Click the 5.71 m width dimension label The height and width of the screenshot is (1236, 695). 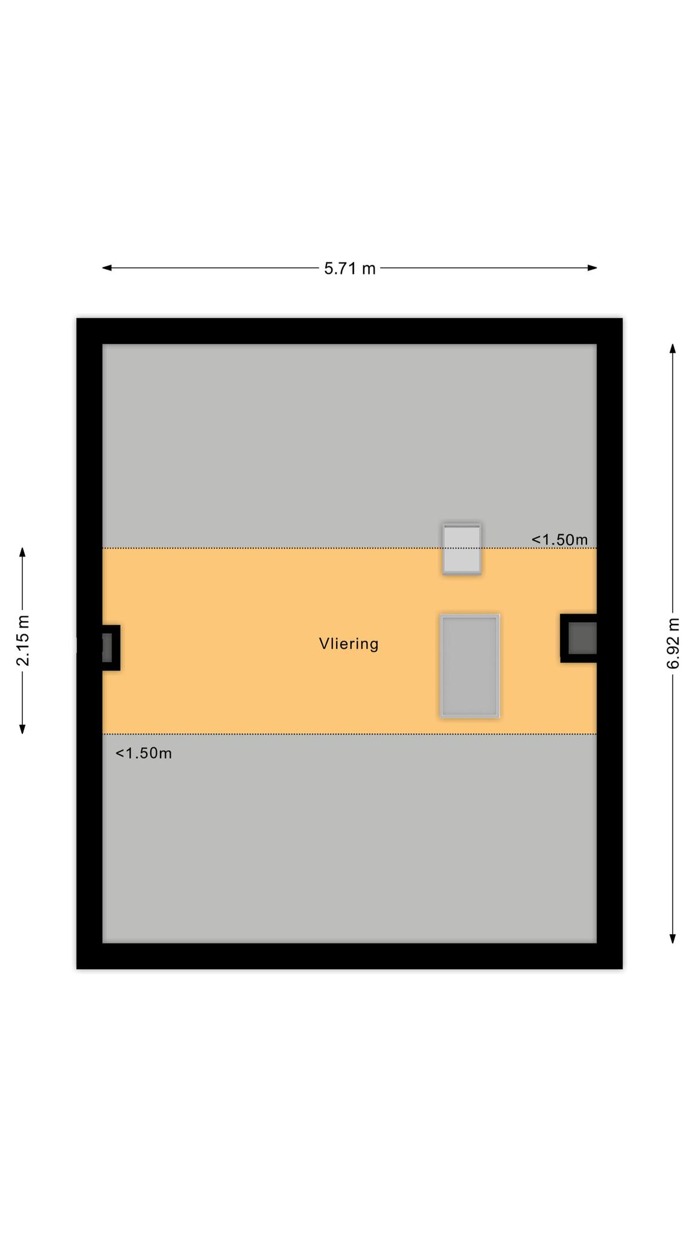349,269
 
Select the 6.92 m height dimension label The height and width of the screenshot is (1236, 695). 673,643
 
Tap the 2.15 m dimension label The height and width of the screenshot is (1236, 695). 23,640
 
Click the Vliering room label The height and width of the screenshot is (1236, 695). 349,644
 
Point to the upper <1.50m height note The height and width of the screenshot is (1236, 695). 559,540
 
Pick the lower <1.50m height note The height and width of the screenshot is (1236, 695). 144,753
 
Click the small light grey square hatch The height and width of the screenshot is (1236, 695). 462,549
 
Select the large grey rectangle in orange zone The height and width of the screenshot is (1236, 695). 469,666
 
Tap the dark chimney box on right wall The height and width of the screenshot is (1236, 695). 579,639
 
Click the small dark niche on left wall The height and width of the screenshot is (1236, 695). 107,648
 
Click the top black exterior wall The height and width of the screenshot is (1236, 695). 349,331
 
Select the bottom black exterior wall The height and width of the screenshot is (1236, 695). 349,956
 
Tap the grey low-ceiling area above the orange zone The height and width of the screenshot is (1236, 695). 349,446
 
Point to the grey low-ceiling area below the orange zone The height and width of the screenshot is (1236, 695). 349,838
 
